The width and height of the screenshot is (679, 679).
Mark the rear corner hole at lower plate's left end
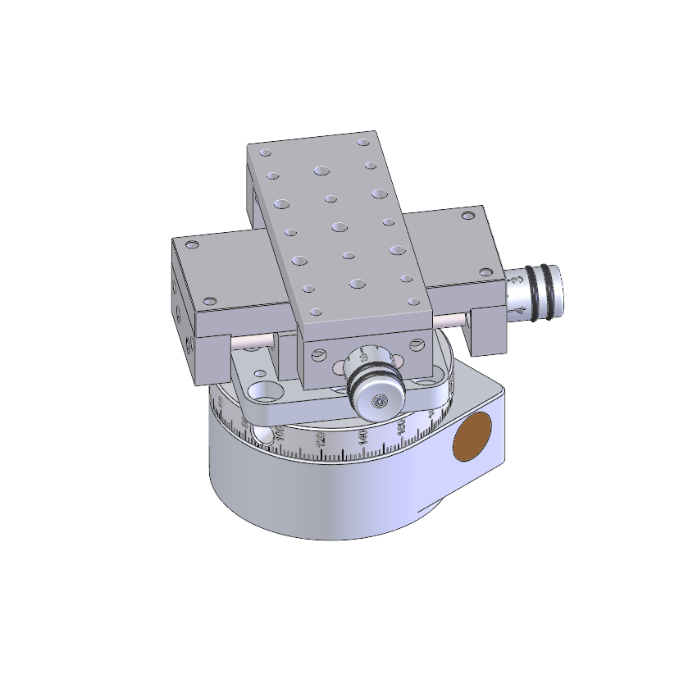point(193,245)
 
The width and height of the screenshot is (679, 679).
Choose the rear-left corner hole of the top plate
point(264,153)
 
